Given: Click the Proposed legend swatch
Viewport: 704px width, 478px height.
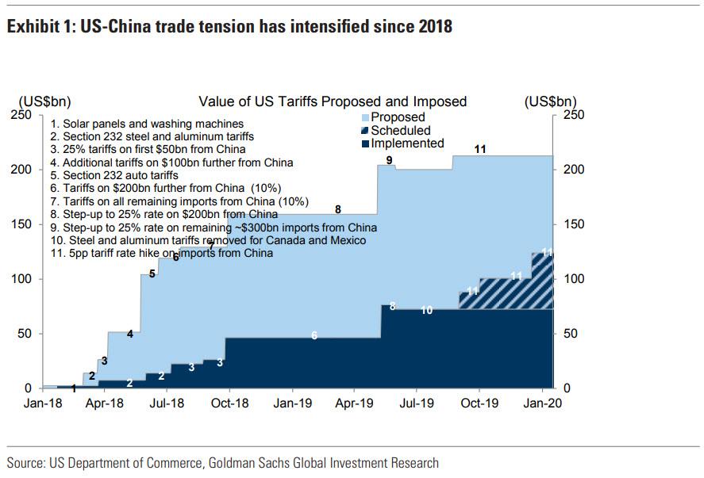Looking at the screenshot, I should tap(366, 117).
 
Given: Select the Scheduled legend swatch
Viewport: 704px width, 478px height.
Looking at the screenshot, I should tap(366, 131).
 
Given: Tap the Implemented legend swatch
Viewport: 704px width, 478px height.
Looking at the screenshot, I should tap(366, 143).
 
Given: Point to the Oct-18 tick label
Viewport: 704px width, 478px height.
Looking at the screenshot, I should tap(229, 403).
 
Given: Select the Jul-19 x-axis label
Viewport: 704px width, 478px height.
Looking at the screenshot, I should tap(417, 403).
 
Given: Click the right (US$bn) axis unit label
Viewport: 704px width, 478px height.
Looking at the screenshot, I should tap(551, 101).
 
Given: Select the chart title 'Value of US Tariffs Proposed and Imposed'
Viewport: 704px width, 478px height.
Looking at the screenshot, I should tap(333, 101).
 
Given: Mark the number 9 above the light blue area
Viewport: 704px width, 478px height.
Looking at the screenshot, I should tap(389, 160).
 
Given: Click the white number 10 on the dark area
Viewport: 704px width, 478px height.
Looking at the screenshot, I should tap(427, 311).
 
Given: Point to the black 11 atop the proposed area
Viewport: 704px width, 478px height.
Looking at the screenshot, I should tap(480, 149).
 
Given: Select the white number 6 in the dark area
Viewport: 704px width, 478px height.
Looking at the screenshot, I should tap(314, 336).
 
